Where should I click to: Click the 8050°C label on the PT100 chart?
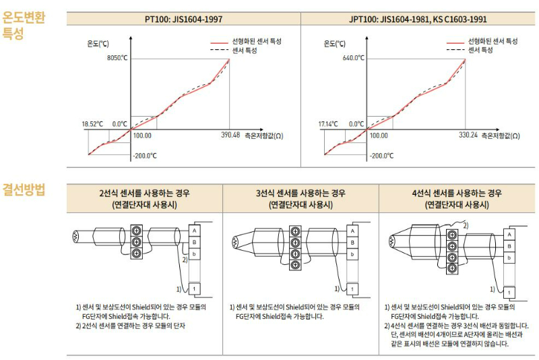click(117, 58)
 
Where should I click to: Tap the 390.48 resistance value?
click(230, 135)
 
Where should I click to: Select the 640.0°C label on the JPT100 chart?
click(353, 58)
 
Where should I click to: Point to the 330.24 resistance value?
click(468, 135)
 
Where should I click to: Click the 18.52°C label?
click(92, 124)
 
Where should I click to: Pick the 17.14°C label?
click(328, 124)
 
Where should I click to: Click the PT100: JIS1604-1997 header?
click(183, 20)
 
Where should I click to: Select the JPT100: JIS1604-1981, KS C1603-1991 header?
click(418, 20)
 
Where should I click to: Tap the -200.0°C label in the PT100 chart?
click(145, 156)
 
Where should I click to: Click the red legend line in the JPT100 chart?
click(455, 43)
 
